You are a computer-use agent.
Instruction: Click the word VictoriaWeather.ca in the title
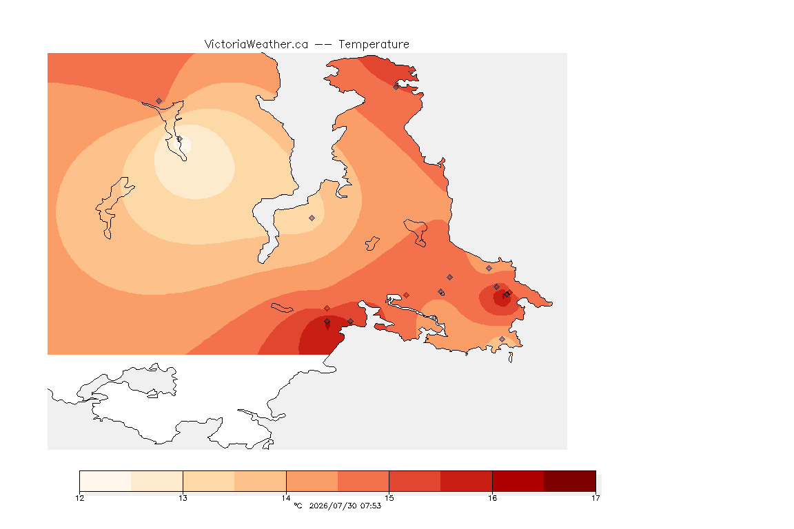[256, 45]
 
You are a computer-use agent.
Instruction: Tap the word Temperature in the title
[374, 45]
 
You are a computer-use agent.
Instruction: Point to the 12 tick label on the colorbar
[79, 498]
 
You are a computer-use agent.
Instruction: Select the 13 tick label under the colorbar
[183, 498]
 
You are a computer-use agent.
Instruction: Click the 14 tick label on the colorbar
[286, 498]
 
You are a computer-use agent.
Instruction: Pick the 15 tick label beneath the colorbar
[389, 498]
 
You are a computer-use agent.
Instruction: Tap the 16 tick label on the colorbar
[492, 498]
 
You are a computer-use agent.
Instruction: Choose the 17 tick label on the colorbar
[595, 498]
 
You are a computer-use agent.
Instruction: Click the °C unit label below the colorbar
[298, 506]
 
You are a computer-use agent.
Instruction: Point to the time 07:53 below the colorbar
[371, 506]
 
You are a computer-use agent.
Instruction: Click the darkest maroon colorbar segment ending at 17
[570, 481]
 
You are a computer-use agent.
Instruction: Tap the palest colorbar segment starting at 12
[105, 481]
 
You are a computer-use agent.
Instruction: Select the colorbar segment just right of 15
[415, 481]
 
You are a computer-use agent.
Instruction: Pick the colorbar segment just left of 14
[261, 481]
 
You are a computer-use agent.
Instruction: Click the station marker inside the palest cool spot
[179, 138]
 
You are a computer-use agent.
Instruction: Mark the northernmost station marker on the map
[396, 87]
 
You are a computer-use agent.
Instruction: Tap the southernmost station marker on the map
[502, 339]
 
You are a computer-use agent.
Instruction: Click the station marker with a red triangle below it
[327, 322]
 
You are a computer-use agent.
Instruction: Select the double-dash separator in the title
[323, 45]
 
